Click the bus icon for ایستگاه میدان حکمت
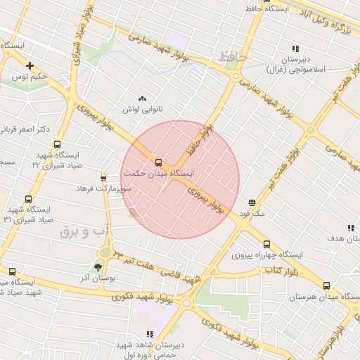[x=157, y=162]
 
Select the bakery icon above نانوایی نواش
[x=143, y=99]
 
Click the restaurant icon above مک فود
[x=251, y=202]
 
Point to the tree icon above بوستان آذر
[x=97, y=267]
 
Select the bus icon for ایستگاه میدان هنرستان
[x=326, y=285]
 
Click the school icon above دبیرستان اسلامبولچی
[x=295, y=49]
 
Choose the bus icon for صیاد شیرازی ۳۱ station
[x=28, y=199]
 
